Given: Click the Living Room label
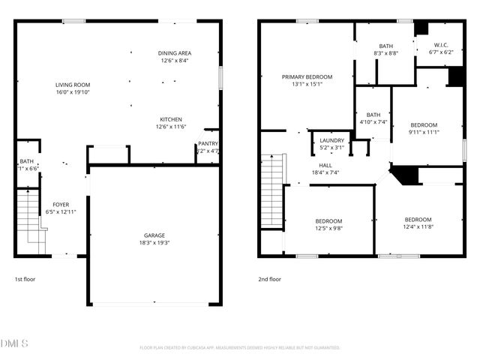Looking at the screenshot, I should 73,85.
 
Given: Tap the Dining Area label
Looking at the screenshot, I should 175,52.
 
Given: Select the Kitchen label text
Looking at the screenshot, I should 171,119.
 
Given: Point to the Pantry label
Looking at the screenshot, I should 208,143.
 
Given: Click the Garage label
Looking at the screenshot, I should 154,235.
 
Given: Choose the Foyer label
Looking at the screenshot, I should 60,204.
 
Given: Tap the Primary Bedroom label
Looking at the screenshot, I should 307,76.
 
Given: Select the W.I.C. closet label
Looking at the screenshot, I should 441,44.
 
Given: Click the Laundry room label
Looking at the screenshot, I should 331,140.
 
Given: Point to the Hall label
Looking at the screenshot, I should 325,165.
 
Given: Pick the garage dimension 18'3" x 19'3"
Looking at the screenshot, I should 154,243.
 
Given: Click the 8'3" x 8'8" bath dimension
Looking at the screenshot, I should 385,53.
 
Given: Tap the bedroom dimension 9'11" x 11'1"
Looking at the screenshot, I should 423,133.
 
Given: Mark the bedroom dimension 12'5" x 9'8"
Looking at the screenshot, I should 328,229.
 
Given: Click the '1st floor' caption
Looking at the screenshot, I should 25,279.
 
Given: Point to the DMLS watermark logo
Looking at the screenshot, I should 15,343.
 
